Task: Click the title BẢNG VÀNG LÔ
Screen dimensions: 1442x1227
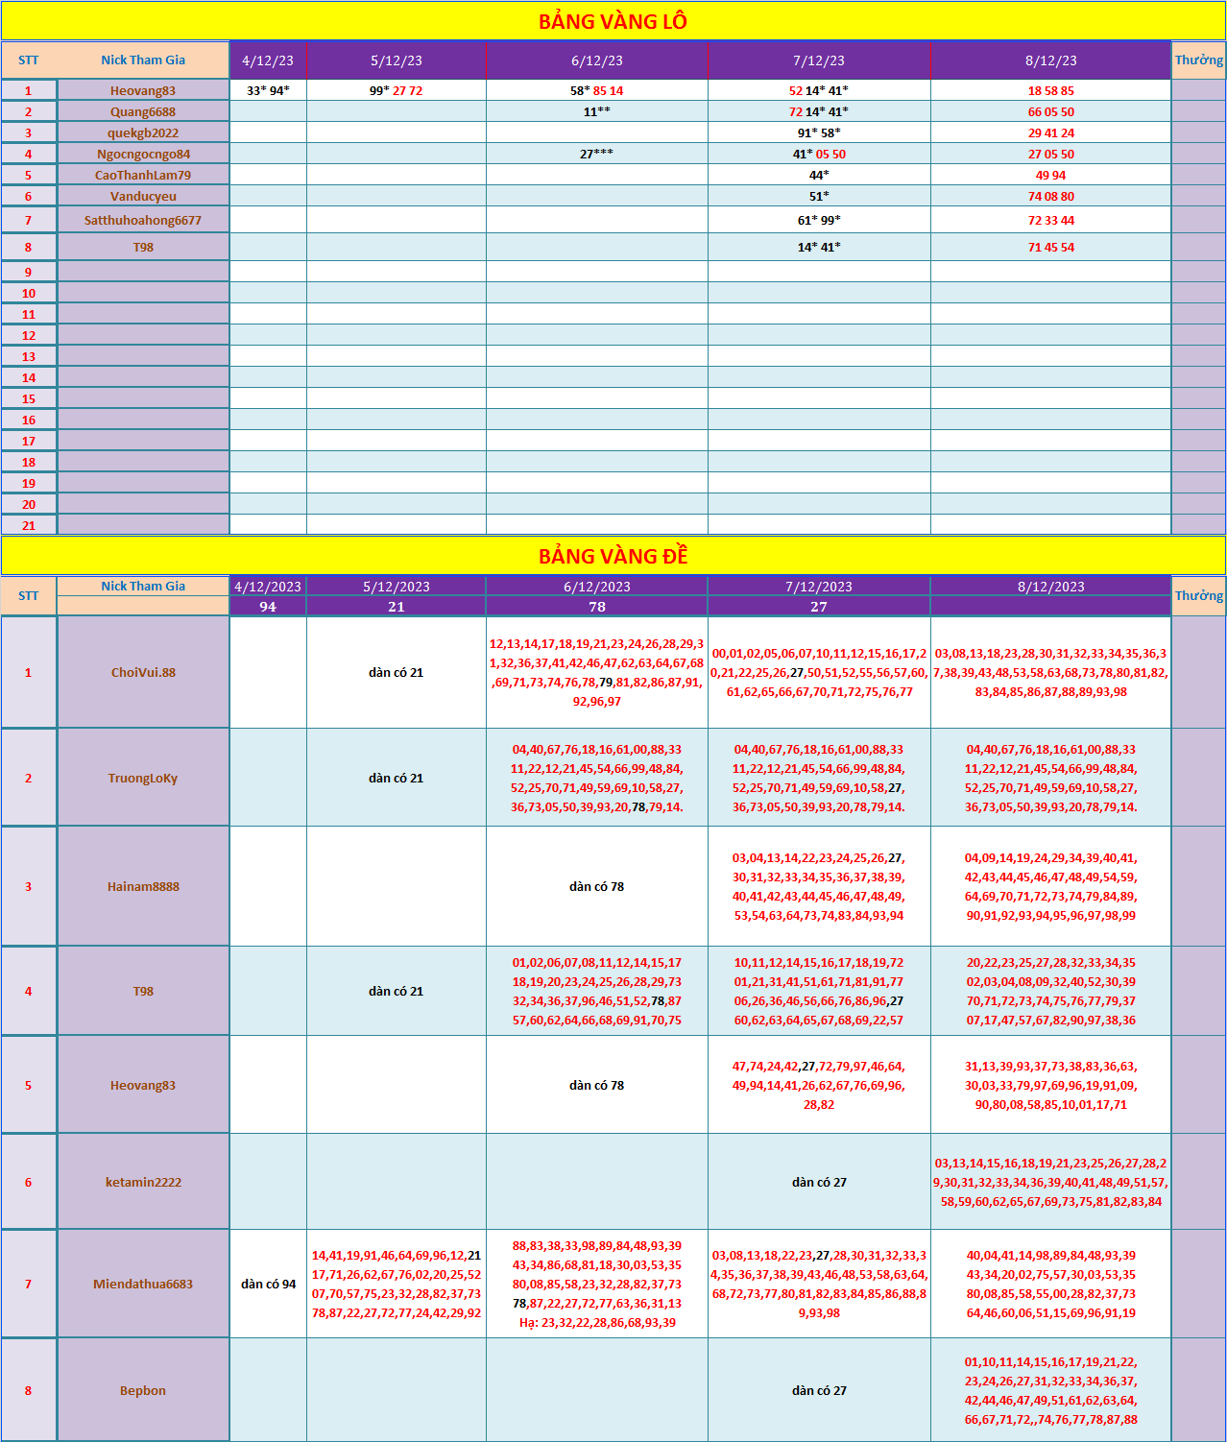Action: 613,21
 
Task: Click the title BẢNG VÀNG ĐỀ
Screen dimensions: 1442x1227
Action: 613,557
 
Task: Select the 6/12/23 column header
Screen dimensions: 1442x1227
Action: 596,60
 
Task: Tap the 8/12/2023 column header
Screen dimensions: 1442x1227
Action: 1050,587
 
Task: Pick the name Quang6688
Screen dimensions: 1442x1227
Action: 143,111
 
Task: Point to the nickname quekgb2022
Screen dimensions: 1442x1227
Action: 143,132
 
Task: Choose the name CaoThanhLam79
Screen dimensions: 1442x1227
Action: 143,175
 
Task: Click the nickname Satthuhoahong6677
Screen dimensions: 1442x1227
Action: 143,220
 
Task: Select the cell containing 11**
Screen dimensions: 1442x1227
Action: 596,111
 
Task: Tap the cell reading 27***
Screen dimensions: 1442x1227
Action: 596,154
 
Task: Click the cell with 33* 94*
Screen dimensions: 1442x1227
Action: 268,90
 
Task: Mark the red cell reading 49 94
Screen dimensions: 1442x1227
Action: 1050,175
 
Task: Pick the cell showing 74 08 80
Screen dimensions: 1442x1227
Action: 1050,196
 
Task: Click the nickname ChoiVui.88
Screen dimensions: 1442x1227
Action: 143,672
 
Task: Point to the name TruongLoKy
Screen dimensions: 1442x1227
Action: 143,778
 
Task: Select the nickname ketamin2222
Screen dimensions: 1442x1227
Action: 143,1182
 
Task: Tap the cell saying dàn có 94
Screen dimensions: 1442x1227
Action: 268,1284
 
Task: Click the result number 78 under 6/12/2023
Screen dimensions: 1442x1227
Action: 596,607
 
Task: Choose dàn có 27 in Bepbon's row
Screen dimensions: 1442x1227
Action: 819,1390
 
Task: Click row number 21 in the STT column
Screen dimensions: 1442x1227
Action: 29,525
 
